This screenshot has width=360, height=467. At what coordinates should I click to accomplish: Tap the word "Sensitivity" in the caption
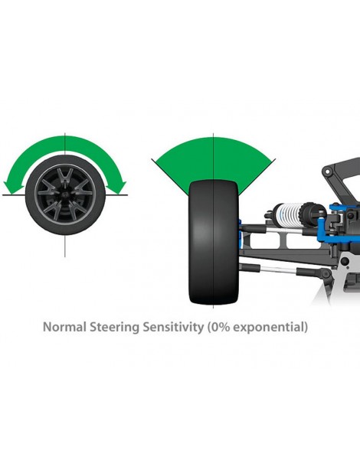pos(172,328)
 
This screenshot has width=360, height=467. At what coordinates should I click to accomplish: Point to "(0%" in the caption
pos(218,327)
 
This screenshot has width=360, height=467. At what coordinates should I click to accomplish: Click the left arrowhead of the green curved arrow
pos(14,188)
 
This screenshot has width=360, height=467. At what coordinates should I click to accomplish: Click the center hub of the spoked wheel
pos(65,194)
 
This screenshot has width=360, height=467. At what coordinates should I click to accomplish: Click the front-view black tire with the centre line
pos(214,243)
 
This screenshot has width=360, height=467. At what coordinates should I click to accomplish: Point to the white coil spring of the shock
pos(288,211)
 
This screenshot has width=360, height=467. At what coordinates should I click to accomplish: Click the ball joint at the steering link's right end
pos(327,275)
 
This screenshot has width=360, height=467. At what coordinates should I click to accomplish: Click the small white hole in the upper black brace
pos(328,171)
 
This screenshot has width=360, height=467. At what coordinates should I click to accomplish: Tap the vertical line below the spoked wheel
pos(65,246)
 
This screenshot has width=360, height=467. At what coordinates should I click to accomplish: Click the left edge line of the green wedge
pos(170,177)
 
